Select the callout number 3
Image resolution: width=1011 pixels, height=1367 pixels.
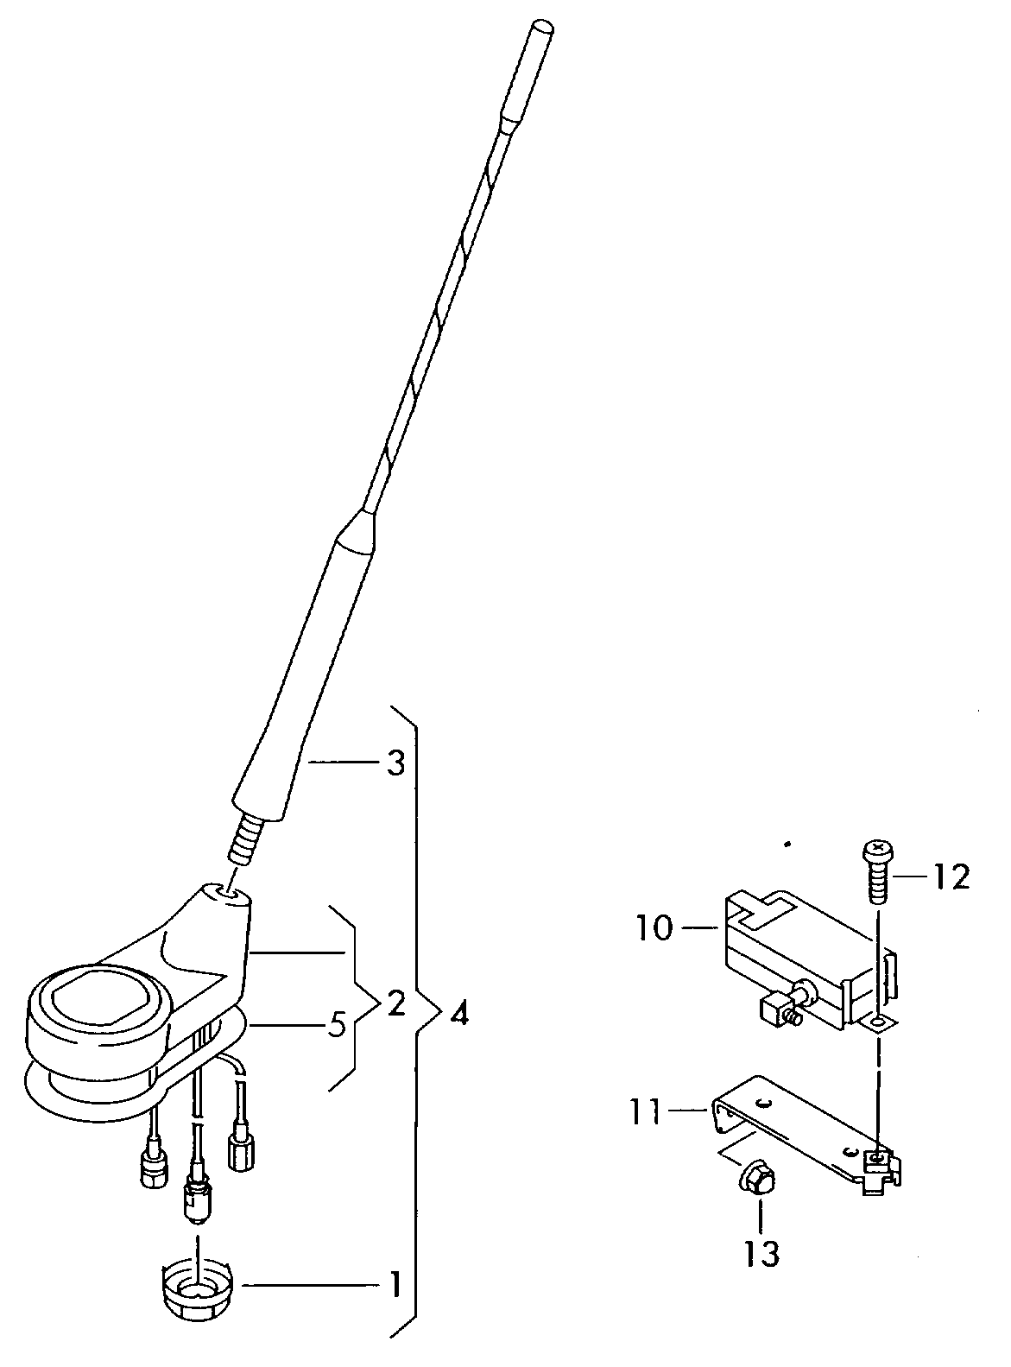pyautogui.click(x=395, y=763)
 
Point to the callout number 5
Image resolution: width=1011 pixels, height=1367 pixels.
pyautogui.click(x=336, y=1026)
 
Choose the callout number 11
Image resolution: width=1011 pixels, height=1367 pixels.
pyautogui.click(x=646, y=1112)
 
